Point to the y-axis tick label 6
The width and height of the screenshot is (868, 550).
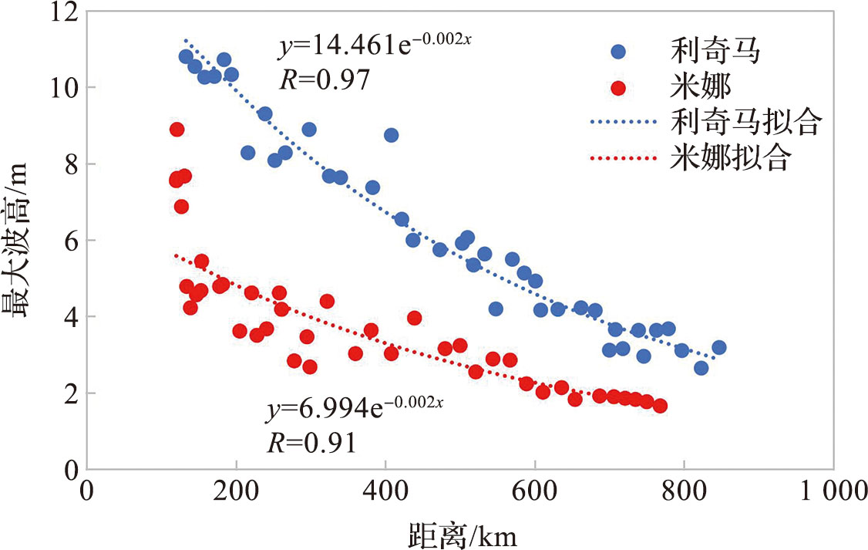(69, 240)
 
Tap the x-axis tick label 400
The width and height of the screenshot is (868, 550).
(385, 491)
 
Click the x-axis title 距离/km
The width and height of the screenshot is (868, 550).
(463, 533)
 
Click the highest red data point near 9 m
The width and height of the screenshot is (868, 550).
(177, 129)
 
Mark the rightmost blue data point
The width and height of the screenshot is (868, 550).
(718, 347)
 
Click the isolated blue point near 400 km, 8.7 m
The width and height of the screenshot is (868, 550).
(391, 135)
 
